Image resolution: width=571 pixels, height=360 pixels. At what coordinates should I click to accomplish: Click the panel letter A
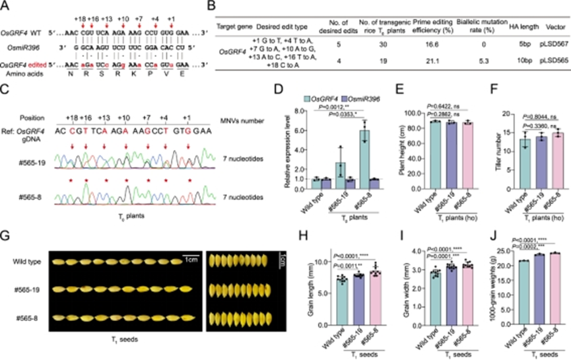click(x=6, y=6)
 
